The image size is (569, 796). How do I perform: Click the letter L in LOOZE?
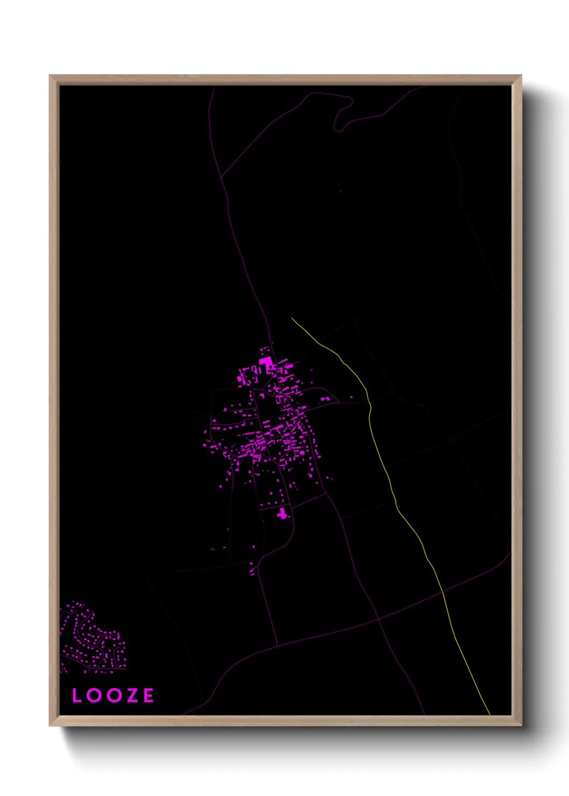click(76, 695)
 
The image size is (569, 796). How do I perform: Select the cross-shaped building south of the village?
click(283, 514)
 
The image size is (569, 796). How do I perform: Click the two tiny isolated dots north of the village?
click(339, 188)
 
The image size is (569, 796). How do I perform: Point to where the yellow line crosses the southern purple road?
click(443, 591)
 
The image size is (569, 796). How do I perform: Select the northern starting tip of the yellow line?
click(292, 318)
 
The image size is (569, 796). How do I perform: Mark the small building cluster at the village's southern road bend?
click(252, 569)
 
